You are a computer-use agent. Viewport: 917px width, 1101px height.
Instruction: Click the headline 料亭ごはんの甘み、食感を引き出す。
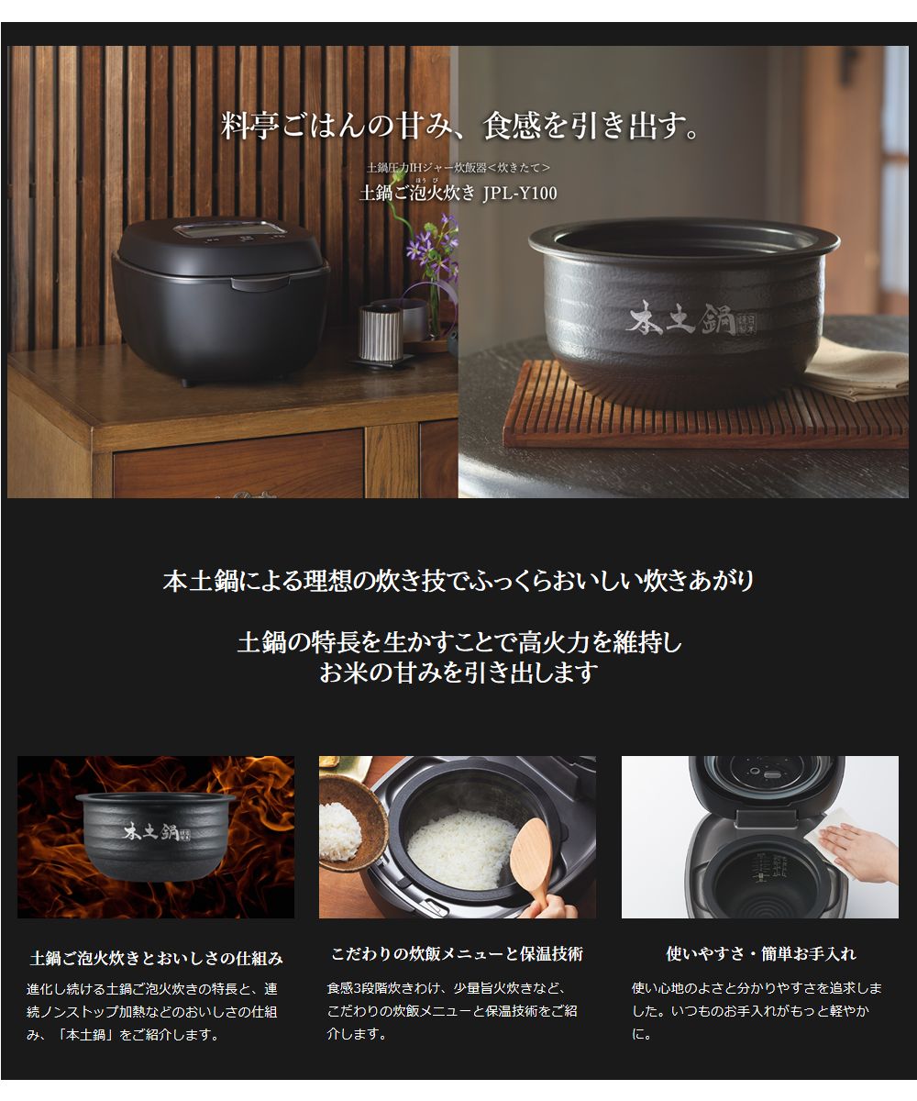[x=460, y=126]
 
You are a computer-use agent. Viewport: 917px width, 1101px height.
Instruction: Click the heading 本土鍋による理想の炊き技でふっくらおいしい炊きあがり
[x=458, y=581]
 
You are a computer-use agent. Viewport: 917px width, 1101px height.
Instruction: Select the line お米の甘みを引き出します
[x=458, y=673]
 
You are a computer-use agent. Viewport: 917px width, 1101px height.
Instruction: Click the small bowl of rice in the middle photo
[x=341, y=830]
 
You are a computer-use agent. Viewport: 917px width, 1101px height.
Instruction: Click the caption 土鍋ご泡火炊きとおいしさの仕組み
[x=156, y=958]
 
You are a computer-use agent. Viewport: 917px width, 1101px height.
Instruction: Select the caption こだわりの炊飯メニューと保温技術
[x=457, y=954]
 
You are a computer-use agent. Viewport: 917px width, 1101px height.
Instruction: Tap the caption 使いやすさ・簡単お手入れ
[x=760, y=954]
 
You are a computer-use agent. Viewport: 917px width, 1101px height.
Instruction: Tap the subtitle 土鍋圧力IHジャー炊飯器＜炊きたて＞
[x=458, y=168]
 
